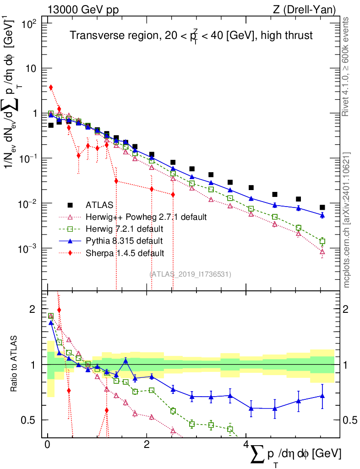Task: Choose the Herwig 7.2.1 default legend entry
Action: tap(124, 228)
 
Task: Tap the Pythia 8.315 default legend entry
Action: tap(124, 240)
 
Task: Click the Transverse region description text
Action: tap(191, 35)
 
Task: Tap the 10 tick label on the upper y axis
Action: tap(33, 68)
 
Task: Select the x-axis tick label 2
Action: tap(147, 445)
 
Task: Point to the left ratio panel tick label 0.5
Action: tap(30, 420)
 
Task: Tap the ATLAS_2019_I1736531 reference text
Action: tap(190, 274)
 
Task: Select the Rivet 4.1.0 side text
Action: tap(347, 66)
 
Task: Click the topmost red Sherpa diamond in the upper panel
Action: tap(51, 87)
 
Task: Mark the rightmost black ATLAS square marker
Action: tap(322, 207)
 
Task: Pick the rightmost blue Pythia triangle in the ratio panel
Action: tap(322, 396)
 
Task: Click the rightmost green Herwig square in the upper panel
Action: tap(322, 241)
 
